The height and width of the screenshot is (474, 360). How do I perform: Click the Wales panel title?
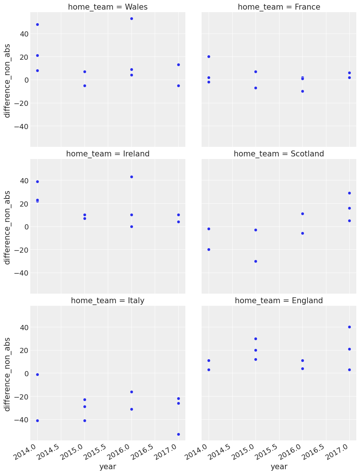108,7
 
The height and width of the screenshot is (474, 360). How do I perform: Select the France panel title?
279,7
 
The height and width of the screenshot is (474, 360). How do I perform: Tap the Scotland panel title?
279,154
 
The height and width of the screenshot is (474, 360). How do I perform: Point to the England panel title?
279,301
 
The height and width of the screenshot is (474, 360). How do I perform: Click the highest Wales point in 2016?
131,18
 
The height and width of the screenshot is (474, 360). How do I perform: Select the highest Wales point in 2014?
37,24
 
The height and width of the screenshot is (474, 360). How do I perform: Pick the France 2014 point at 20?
209,56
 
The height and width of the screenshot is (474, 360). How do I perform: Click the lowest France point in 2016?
302,91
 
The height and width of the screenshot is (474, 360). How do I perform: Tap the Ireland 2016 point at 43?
131,177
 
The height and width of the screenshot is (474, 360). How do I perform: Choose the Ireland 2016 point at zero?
131,226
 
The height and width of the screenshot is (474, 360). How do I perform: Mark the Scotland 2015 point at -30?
256,261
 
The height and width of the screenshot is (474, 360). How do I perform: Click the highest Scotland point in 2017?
349,193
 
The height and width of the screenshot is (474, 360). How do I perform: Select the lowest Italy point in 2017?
178,434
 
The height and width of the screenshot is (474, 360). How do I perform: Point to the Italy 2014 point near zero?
37,374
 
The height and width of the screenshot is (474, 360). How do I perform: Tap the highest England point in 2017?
349,327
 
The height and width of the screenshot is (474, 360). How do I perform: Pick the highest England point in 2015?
256,339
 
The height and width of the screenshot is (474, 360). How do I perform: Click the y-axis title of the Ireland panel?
7,226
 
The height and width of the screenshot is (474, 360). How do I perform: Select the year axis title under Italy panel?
108,467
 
